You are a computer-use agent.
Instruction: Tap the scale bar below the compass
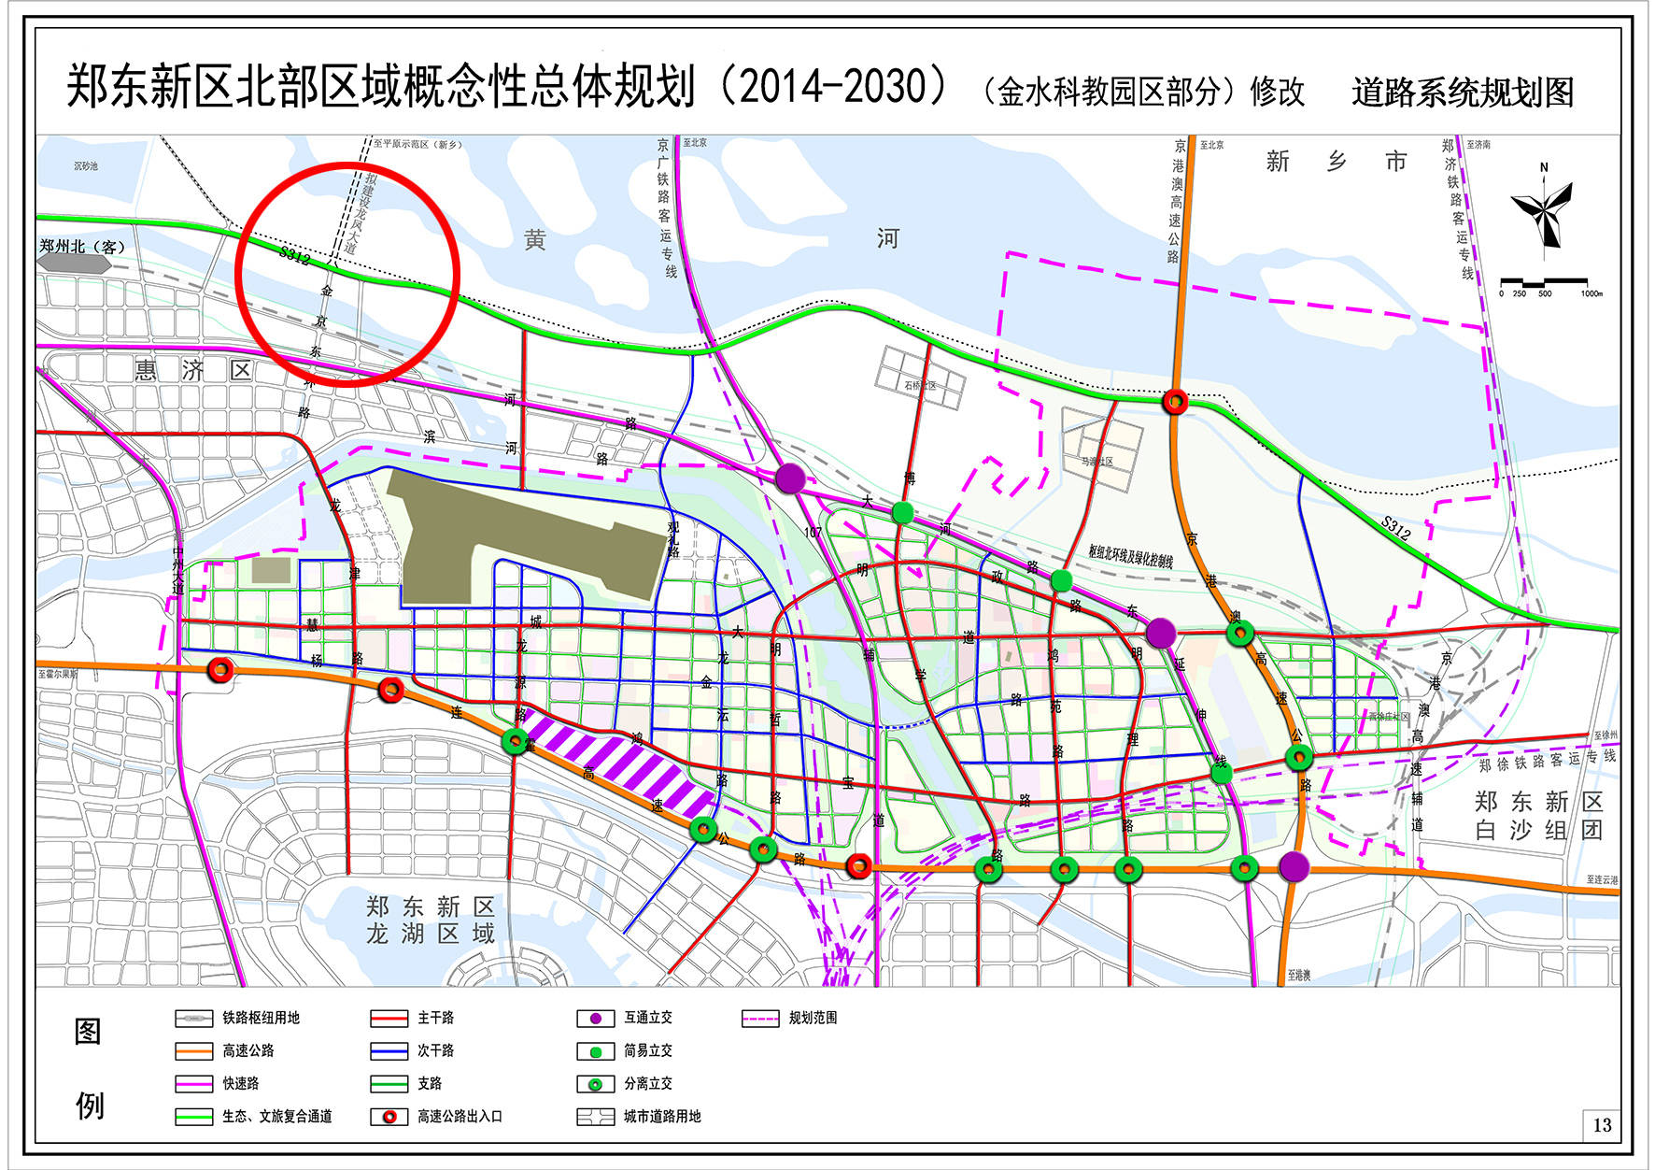1544,281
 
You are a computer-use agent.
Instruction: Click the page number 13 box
1602,1125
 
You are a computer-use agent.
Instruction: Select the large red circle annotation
347,274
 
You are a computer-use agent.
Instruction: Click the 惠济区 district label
193,371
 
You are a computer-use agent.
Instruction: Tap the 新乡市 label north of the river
1337,162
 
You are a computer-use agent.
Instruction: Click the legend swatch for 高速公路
193,1051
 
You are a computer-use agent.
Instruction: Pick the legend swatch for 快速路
193,1084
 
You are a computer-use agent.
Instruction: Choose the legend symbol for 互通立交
595,1019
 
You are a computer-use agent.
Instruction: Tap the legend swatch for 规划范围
760,1019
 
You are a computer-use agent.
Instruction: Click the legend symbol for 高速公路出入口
389,1117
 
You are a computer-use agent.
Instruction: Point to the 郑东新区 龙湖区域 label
431,920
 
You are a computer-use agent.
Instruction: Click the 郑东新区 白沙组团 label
1538,816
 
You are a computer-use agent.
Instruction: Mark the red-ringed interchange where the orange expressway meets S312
1175,402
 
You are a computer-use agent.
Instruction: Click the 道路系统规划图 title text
1462,92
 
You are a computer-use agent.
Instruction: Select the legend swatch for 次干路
389,1051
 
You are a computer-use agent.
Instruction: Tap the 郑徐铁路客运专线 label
1547,761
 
